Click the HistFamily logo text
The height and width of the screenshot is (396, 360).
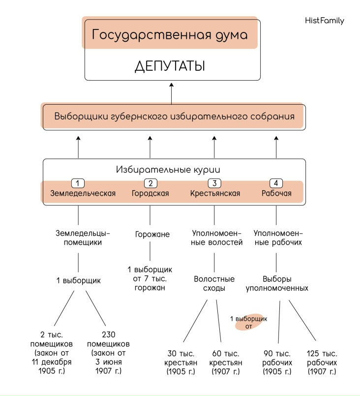tap(325, 21)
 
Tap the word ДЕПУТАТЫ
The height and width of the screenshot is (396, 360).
tap(170, 66)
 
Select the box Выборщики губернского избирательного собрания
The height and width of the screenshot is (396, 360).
tap(174, 117)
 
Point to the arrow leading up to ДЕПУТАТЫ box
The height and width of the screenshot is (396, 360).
tap(172, 92)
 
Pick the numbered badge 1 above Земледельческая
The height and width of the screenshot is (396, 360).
tap(79, 183)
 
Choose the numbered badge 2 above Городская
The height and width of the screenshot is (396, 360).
tap(150, 183)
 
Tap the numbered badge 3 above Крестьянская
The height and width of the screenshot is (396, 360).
tap(214, 183)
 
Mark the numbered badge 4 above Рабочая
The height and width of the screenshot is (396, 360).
tap(276, 183)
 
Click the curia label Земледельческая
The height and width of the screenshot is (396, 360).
tap(83, 193)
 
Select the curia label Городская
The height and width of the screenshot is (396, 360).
tap(150, 193)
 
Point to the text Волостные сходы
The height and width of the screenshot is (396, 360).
tap(214, 283)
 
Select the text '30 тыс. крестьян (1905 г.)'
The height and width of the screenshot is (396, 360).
tap(180, 362)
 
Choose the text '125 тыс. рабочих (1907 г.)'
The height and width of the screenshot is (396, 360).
tap(322, 362)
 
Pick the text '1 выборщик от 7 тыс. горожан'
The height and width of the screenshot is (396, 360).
tap(150, 278)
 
